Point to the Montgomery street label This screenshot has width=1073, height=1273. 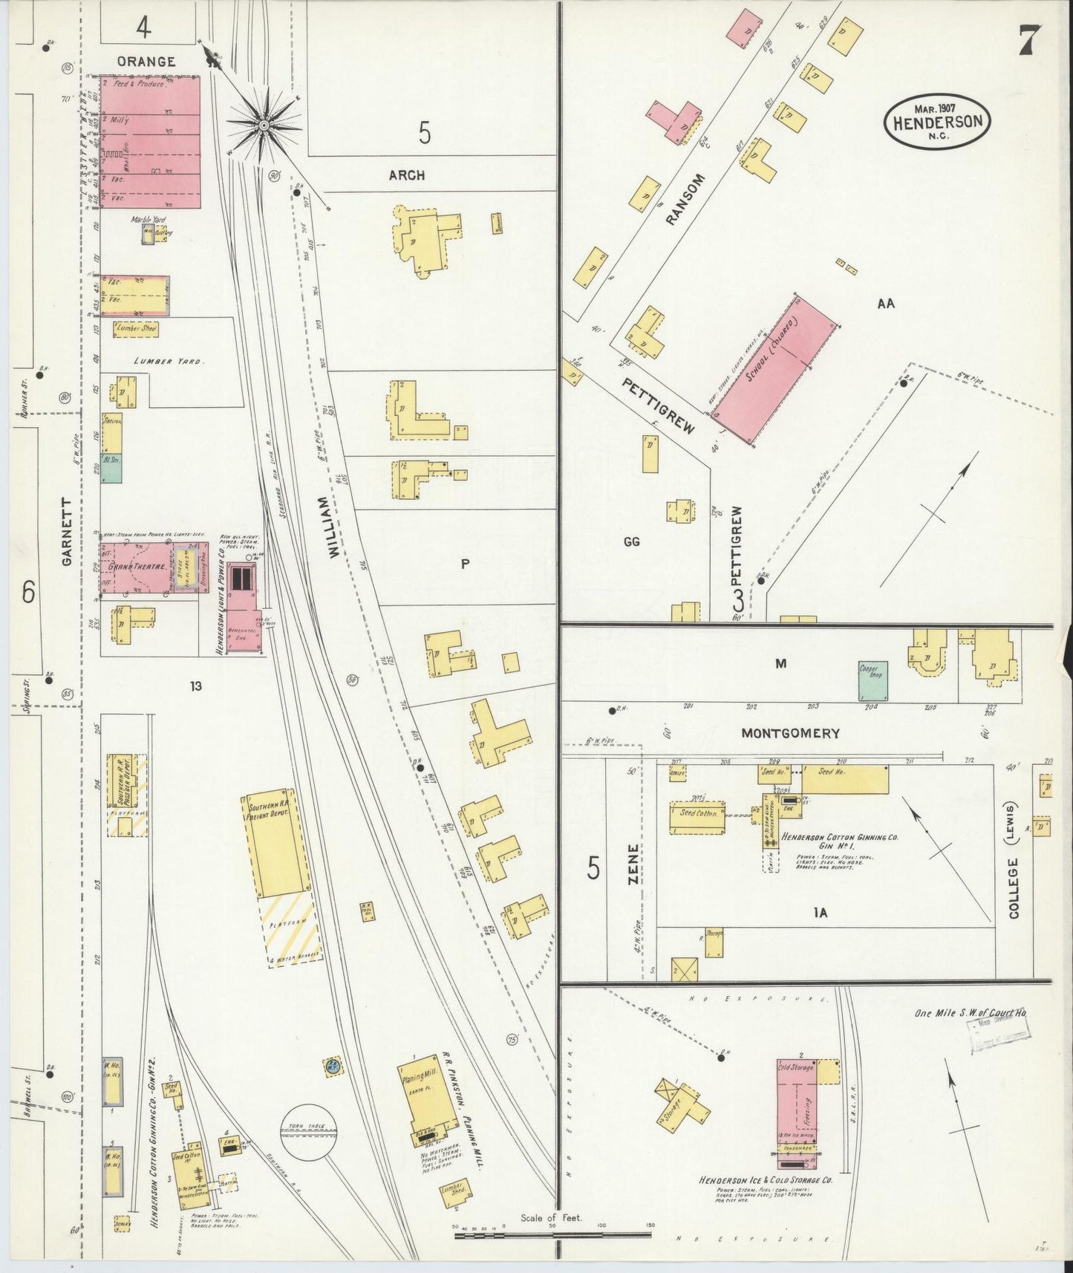pos(790,733)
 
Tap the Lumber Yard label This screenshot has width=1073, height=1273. pos(168,361)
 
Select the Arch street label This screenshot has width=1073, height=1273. pos(407,175)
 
